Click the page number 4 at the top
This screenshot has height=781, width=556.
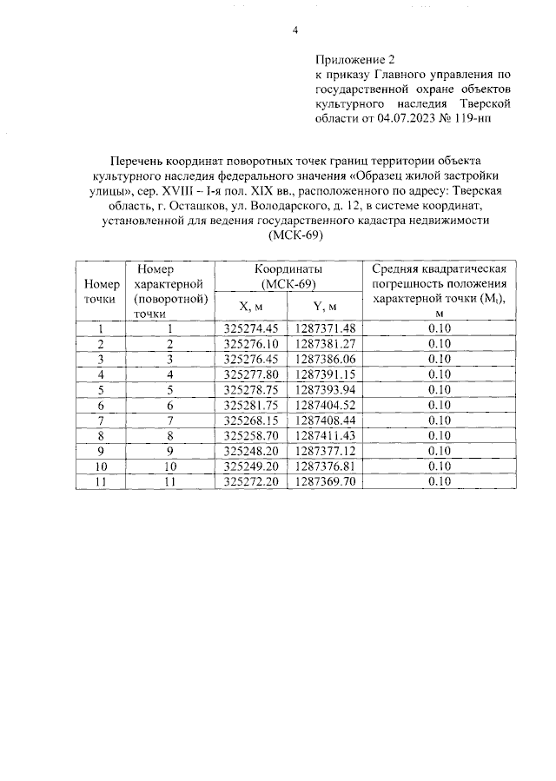tap(295, 31)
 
